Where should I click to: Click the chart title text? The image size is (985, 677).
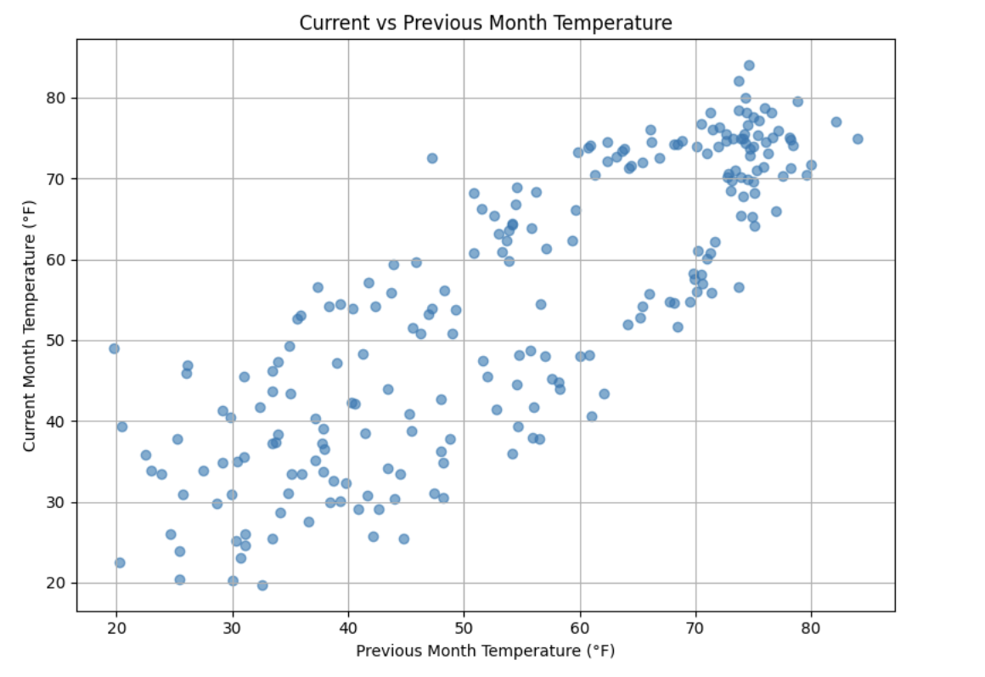tap(486, 23)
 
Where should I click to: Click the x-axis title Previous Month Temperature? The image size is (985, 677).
tap(485, 652)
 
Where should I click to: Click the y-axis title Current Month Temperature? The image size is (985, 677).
tap(29, 325)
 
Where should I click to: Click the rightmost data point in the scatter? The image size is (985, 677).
tap(858, 138)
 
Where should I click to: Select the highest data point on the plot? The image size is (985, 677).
tap(749, 65)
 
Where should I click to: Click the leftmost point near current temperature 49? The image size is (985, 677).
tap(114, 348)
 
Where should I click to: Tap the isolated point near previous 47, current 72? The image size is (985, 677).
tap(432, 158)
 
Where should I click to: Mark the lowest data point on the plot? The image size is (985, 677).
tap(262, 585)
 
